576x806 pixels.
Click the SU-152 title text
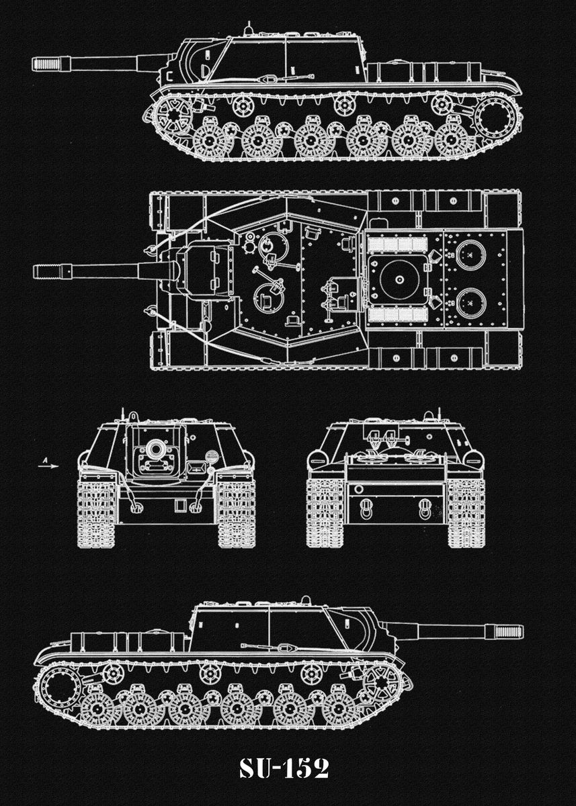[x=284, y=768]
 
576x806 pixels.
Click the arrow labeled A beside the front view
[x=48, y=464]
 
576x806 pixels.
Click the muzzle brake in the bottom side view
[x=509, y=631]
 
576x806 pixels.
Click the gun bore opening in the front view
[x=155, y=447]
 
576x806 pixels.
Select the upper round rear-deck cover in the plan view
[x=470, y=254]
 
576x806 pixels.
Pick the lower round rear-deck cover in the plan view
[x=470, y=303]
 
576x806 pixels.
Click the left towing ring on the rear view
[x=366, y=508]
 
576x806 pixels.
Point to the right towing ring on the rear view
[x=425, y=508]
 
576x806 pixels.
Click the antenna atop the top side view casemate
[x=249, y=28]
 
